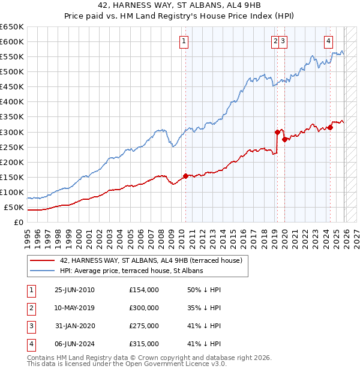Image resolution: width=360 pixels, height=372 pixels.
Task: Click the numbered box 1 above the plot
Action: coord(183,41)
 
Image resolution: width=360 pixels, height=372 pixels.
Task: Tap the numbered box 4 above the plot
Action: coord(329,41)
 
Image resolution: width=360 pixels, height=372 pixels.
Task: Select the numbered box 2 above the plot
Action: coord(275,41)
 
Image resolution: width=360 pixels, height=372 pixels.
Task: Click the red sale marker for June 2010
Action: coord(185,176)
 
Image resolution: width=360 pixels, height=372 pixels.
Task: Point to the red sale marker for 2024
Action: coord(330,127)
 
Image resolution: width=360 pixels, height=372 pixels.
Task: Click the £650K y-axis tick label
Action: coord(12,27)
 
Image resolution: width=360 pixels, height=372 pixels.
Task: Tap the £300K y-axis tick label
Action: coord(12,132)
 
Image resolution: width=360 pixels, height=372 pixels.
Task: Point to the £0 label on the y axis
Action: coord(19,223)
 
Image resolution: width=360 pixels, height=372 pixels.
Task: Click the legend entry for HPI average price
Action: coord(131,271)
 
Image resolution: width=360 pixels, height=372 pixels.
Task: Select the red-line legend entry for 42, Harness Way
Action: coord(151,260)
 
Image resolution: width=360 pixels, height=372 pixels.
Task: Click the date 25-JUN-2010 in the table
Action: coord(74,290)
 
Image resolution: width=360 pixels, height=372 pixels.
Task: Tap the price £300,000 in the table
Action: coord(144,308)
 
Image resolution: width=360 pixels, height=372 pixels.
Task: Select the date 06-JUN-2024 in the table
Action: coord(74,344)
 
